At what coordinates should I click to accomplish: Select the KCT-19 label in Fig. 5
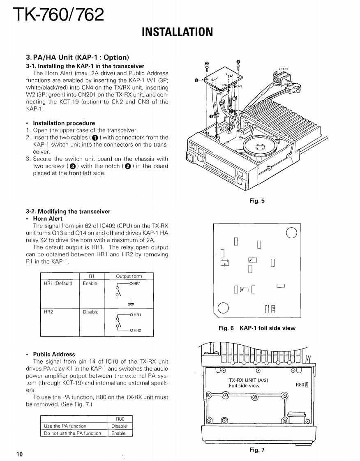283,69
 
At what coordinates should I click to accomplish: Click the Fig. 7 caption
257,450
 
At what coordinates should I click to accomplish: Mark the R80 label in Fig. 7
301,385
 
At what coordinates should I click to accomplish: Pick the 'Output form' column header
129,277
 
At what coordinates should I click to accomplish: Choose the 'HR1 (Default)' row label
58,284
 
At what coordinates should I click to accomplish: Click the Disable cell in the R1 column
90,312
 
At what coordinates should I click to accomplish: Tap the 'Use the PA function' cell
65,426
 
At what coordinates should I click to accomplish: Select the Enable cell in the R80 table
118,433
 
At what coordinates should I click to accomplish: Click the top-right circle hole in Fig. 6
291,233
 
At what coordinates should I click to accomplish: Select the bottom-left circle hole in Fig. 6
223,308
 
